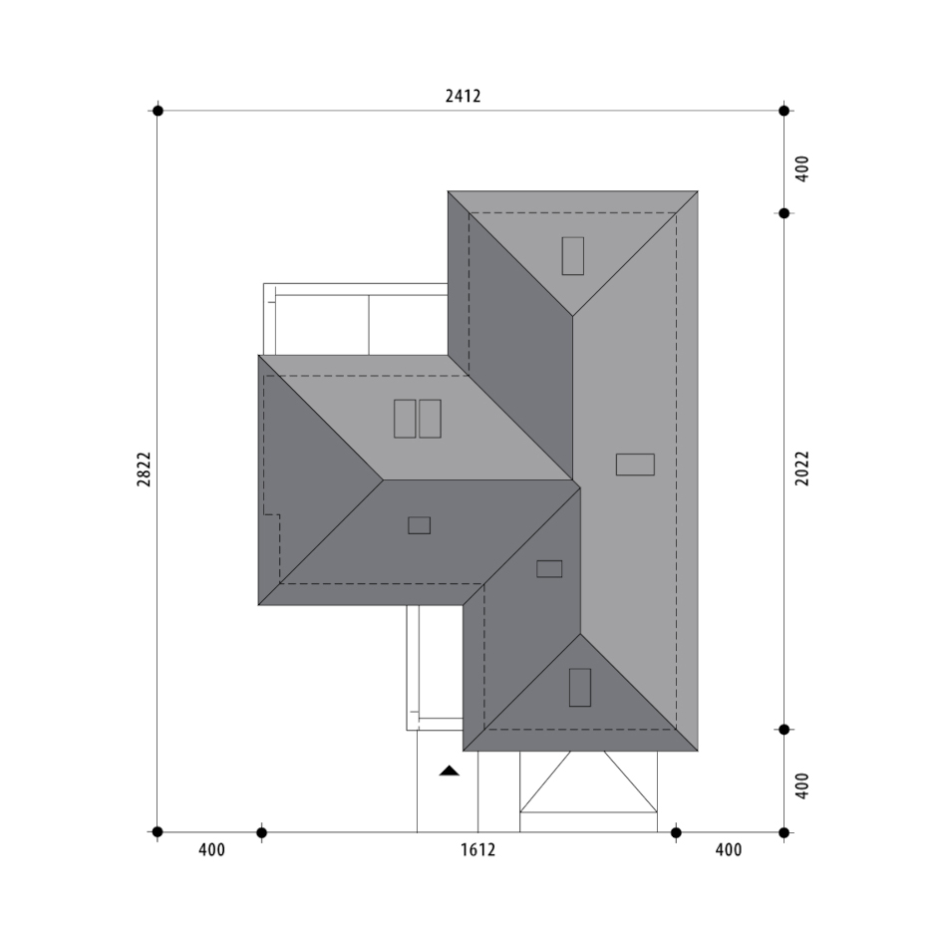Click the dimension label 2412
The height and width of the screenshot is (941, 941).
[x=463, y=96]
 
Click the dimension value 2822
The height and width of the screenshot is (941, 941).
[x=144, y=470]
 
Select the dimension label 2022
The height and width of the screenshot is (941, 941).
[x=802, y=469]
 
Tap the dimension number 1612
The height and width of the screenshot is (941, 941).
[x=478, y=849]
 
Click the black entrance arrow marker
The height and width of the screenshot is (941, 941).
[x=449, y=772]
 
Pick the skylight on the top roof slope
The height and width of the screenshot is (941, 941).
[x=572, y=256]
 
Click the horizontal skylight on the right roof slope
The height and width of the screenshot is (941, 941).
[x=635, y=465]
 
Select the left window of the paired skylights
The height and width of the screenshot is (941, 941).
[x=405, y=419]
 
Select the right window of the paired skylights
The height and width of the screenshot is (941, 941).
[x=430, y=419]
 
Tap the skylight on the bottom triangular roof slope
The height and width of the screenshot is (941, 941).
[x=580, y=688]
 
